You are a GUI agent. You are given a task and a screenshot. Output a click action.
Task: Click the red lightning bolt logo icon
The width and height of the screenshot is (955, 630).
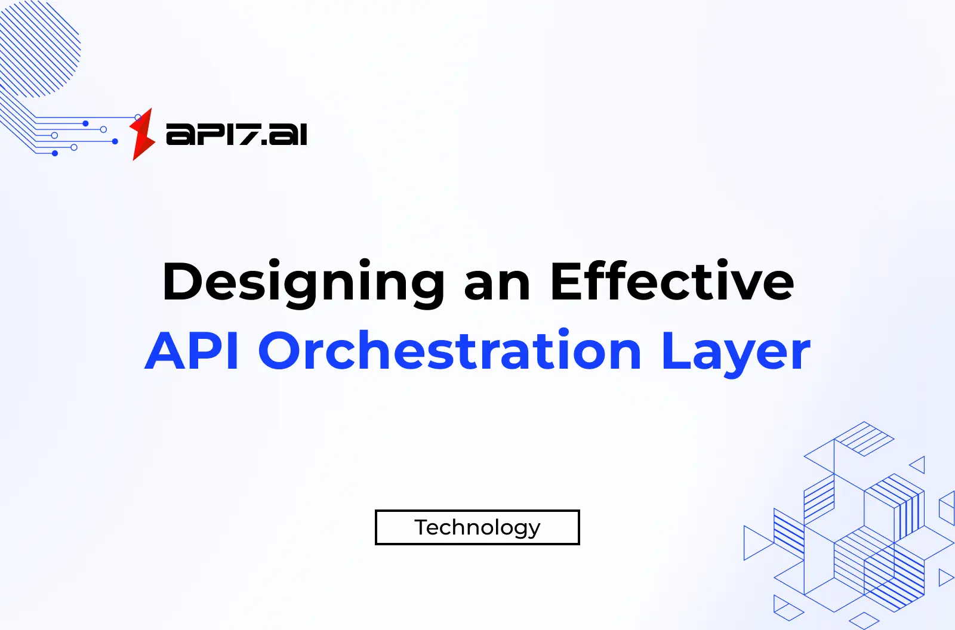(x=142, y=135)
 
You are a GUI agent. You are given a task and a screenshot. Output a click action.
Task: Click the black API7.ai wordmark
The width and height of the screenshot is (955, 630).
(x=236, y=134)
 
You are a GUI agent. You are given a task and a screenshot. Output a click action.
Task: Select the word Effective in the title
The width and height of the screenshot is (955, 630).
(x=672, y=282)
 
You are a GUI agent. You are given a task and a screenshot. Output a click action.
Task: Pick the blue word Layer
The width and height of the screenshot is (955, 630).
(x=735, y=353)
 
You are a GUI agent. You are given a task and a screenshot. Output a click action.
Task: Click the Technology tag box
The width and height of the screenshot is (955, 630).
(x=477, y=527)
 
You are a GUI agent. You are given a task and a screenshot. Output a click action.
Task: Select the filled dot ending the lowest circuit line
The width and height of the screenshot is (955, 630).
(x=55, y=153)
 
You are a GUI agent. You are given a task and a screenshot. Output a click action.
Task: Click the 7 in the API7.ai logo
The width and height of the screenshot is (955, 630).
(x=247, y=134)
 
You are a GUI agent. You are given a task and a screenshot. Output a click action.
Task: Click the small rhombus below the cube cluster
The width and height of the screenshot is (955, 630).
(x=864, y=619)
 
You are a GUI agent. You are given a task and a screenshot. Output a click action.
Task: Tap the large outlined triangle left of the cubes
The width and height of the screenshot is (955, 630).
(x=755, y=542)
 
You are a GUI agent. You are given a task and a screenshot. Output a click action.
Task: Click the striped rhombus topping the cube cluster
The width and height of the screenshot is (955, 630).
(x=864, y=438)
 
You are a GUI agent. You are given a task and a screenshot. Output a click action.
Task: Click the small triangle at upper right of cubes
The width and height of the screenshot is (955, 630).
(x=918, y=465)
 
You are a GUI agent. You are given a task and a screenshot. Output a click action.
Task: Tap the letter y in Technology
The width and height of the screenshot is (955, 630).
(x=533, y=530)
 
